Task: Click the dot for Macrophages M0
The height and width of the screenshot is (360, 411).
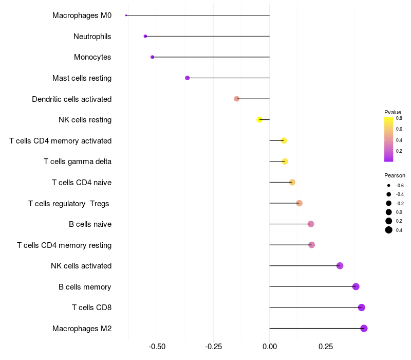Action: pos(126,15)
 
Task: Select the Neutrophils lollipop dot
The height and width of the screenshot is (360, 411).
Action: pos(145,36)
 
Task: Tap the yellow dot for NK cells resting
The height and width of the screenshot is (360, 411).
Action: pos(259,120)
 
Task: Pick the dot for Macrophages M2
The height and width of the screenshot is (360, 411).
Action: pos(364,328)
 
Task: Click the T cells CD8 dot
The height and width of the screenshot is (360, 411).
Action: pos(362,308)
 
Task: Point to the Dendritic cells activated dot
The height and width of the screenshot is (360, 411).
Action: pos(236,99)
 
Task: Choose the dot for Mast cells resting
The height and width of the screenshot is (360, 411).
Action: pos(187,78)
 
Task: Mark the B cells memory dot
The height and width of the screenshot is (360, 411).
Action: pos(356,286)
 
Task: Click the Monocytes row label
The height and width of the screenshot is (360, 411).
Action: pos(92,57)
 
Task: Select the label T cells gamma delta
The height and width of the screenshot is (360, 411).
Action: pos(78,161)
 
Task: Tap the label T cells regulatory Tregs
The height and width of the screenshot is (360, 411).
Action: pos(69,204)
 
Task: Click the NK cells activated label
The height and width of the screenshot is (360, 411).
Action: pos(81,266)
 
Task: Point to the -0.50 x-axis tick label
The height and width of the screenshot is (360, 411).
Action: pos(157,347)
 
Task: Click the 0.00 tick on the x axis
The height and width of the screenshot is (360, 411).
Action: pos(270,347)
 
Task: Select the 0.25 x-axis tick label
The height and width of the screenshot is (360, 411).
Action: pos(326,347)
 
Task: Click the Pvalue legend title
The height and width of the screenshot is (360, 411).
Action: pos(393,112)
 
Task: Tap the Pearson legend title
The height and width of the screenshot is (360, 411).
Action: pos(395,175)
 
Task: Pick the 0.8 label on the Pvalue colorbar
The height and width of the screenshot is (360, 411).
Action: pos(399,118)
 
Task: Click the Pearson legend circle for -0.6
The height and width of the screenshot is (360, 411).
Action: pos(388,186)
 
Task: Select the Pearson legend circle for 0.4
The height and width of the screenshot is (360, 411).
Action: pos(388,230)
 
